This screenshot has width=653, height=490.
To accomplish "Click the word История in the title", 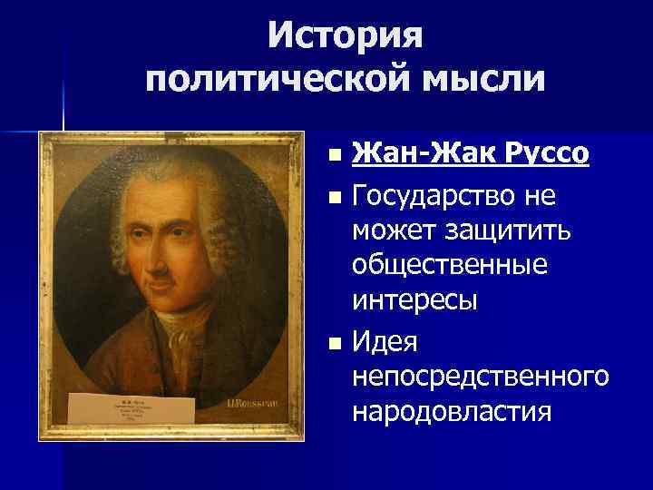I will click(346, 36).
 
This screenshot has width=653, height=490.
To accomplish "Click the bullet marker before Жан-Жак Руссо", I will click(336, 156).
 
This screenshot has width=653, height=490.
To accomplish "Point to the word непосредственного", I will click(480, 377).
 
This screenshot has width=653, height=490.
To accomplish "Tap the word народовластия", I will click(452, 412).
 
